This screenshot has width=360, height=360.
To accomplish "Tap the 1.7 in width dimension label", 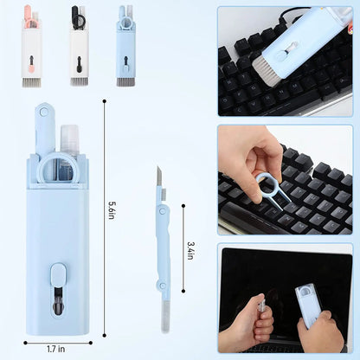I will pos(57,348).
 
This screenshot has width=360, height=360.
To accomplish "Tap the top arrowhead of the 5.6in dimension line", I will pos(104,101).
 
